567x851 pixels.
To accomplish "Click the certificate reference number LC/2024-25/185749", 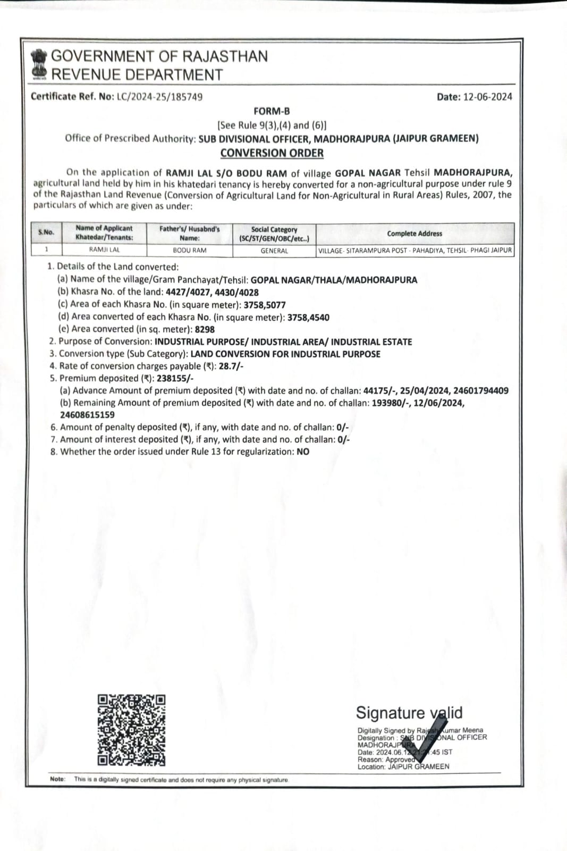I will [159, 97].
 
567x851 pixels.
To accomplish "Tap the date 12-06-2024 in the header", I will [487, 97].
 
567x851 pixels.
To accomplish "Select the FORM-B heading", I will [272, 111].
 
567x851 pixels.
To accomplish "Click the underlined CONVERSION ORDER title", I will [272, 153].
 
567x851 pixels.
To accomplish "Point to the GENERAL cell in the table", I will [274, 251].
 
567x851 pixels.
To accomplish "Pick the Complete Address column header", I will [414, 233].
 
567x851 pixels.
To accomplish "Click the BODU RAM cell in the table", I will [190, 251].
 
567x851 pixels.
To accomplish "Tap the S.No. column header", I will [46, 232].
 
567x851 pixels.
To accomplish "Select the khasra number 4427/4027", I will [188, 292].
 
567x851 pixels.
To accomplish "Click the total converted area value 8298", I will [205, 329].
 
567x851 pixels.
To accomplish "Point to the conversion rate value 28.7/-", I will [231, 366].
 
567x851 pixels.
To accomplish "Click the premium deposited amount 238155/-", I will [175, 378].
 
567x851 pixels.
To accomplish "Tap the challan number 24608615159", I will [87, 415].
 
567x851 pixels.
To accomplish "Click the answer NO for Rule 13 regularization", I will [303, 452].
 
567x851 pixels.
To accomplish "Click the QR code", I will [131, 730].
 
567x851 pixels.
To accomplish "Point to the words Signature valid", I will [409, 713].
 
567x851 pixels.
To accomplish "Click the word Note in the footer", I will [57, 779].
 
